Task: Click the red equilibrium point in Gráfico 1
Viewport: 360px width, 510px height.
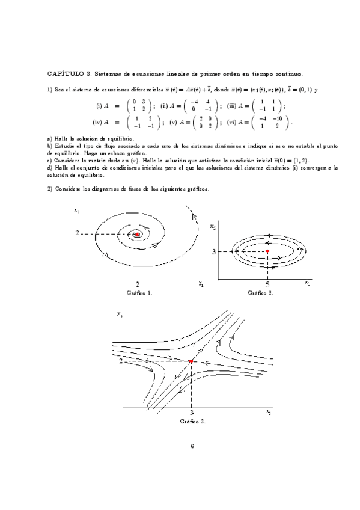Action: pos(138,233)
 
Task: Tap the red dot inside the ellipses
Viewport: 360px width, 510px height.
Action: pos(267,251)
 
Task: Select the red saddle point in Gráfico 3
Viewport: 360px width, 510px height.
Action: pos(191,361)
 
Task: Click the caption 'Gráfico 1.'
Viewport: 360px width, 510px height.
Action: pos(139,293)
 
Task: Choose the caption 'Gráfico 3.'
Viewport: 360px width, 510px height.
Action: pos(192,422)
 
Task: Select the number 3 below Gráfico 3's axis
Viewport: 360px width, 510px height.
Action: pos(191,414)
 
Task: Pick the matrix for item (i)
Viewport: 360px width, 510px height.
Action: pos(138,106)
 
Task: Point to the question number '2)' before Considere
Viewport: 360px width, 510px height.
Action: pos(50,189)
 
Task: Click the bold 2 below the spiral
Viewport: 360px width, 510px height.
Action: pos(138,284)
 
